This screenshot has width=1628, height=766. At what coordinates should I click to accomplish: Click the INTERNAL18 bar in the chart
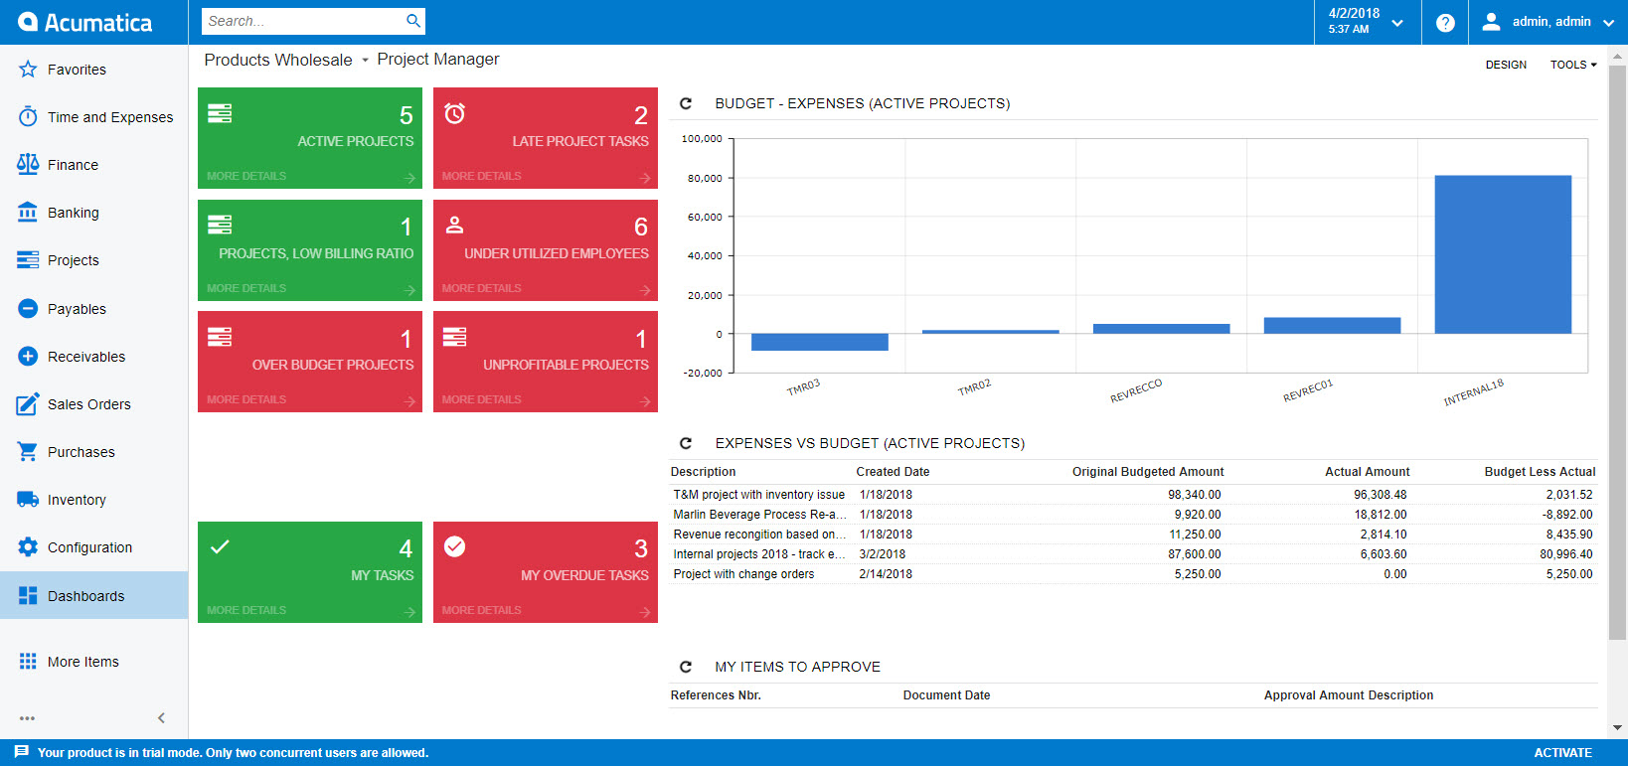[x=1502, y=254]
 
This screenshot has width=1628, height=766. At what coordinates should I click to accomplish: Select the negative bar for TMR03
[x=819, y=342]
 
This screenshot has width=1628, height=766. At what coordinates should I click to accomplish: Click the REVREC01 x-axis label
[x=1307, y=390]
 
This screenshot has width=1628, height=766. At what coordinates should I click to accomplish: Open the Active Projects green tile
[x=310, y=137]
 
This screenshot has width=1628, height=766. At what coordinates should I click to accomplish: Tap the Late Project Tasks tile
[x=545, y=137]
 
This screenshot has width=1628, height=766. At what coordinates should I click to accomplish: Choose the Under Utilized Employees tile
[x=545, y=249]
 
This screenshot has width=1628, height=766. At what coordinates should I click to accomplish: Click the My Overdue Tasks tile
[x=545, y=571]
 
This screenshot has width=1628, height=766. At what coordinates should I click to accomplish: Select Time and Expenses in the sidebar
[x=109, y=117]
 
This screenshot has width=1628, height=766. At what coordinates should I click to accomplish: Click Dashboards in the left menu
[x=85, y=596]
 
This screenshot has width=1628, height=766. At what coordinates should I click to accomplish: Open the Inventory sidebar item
[x=77, y=500]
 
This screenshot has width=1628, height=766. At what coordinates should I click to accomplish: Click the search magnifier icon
[x=413, y=21]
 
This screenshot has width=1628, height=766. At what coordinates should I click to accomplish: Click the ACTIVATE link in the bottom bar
[x=1562, y=753]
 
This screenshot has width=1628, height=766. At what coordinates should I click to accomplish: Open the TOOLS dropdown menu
[x=1572, y=65]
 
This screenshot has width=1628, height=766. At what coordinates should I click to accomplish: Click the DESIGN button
[x=1506, y=65]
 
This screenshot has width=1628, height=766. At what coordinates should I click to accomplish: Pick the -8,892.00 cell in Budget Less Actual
[x=1566, y=515]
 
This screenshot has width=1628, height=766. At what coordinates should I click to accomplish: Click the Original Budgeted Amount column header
[x=1147, y=472]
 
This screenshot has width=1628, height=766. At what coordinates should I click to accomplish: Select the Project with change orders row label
[x=743, y=574]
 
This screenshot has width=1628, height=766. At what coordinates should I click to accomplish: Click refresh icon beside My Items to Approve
[x=685, y=667]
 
